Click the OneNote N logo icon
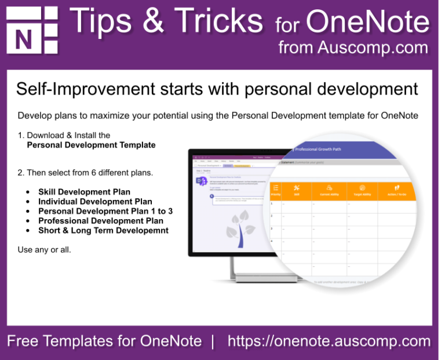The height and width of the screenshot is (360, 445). point(32,31)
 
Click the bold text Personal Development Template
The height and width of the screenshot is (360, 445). point(91,145)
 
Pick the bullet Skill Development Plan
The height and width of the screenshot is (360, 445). point(84,192)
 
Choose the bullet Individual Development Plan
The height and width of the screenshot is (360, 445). point(95,202)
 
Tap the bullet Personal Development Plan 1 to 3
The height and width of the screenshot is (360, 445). point(105,211)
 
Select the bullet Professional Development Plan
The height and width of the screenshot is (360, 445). point(101,221)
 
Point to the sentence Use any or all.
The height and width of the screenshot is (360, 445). point(45,250)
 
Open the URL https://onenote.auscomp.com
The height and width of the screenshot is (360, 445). point(329,341)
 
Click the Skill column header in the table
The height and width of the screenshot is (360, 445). point(297,191)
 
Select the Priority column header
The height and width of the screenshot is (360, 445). point(275,191)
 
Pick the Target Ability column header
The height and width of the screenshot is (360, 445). point(362,191)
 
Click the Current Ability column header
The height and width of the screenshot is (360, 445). point(329,191)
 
